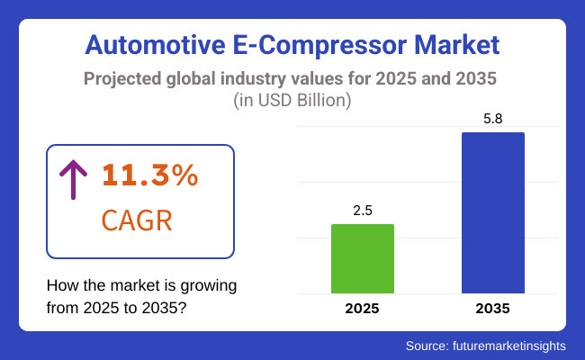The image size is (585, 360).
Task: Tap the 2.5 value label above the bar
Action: (363, 210)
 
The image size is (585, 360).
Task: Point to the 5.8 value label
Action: (492, 118)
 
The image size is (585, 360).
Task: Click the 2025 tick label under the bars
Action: (363, 309)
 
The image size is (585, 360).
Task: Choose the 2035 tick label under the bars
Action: (492, 309)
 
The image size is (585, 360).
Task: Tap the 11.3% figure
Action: (149, 175)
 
